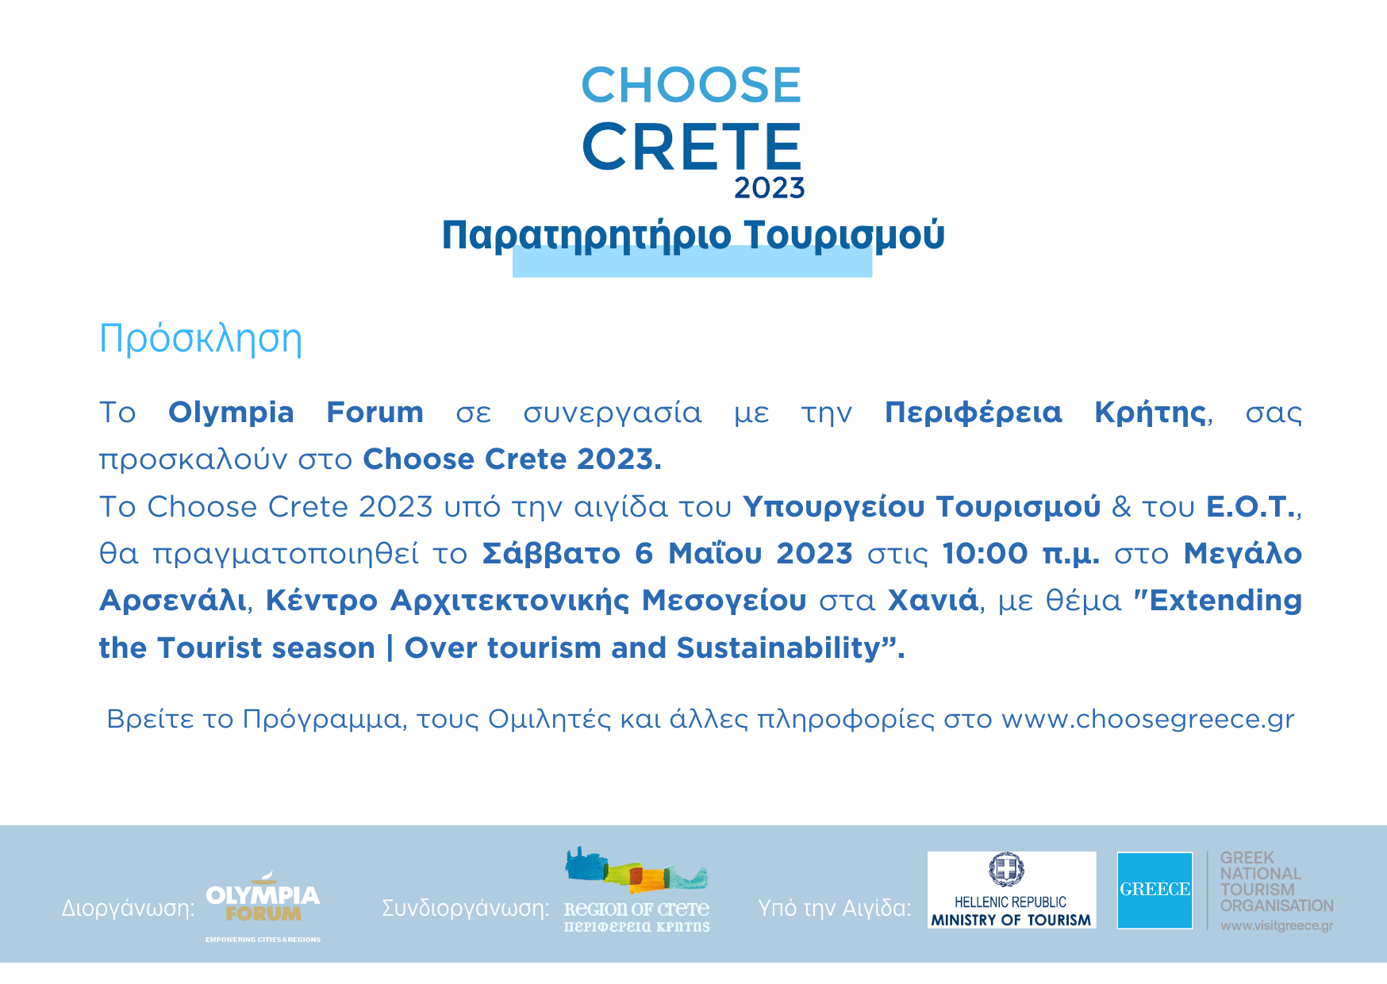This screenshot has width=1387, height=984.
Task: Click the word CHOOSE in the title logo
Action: pos(691,85)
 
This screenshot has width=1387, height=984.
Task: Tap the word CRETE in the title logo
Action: pos(692,147)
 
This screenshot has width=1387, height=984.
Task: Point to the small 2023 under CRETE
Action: pos(769,188)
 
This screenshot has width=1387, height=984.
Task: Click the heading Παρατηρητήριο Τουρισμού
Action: pos(693,236)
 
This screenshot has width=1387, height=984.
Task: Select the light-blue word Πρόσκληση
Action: pos(201,339)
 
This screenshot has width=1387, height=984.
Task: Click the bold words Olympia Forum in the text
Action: pos(295,413)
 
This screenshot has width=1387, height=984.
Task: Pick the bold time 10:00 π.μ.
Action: pos(1020,553)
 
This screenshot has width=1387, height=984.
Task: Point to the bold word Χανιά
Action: pos(932,600)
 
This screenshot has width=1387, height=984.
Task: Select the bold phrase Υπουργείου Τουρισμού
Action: pos(921,507)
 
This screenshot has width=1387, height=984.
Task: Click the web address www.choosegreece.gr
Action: pos(1147,719)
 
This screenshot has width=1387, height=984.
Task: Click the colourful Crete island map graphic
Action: pos(636,870)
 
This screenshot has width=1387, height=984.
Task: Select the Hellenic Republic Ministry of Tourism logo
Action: pos(1012,890)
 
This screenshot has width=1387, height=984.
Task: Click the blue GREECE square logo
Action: pos(1155,890)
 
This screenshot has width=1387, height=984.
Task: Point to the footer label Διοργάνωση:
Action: pos(129,908)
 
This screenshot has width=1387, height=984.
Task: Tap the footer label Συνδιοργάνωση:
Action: pos(466,908)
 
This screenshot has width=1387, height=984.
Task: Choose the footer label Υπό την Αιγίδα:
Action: pos(835,908)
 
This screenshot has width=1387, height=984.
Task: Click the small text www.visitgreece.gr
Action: pos(1277,925)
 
